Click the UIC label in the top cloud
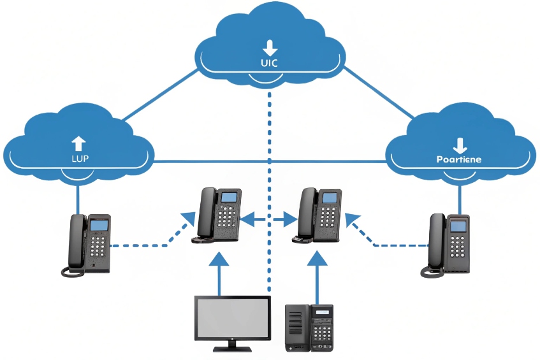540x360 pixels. click(270, 63)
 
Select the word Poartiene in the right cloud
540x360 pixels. click(458, 159)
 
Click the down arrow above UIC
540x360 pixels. click(270, 47)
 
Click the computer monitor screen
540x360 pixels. click(232, 319)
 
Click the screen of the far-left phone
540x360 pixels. click(99, 226)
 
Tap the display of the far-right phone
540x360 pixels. click(458, 226)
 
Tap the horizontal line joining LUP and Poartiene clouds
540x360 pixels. click(268, 161)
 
